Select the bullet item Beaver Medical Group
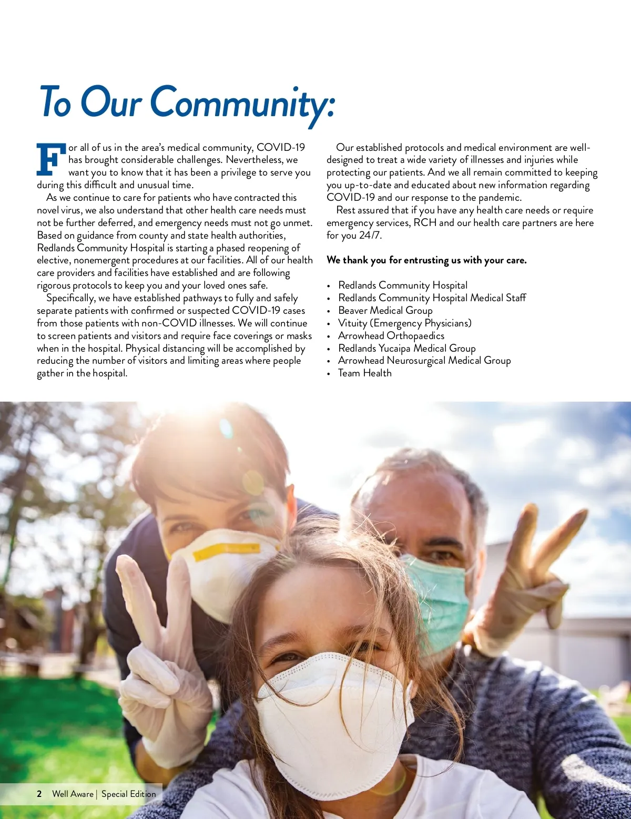385,310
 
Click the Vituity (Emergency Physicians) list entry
404,323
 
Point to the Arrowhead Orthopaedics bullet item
391,335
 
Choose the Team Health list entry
364,373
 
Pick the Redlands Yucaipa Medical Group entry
406,348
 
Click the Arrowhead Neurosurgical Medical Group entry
424,361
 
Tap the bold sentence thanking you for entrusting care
426,260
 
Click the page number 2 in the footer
39,794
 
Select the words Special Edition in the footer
129,794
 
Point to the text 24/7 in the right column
370,236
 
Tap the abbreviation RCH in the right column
425,223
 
